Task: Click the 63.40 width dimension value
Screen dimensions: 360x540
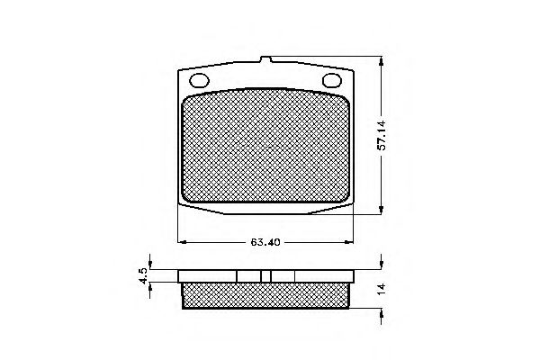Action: pos(265,241)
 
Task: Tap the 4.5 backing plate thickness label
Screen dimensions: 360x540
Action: pos(143,276)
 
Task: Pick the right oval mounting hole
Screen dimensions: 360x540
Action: pos(332,81)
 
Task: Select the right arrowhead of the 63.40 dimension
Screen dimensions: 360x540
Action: pos(352,241)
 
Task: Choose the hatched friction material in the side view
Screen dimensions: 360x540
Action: pos(266,293)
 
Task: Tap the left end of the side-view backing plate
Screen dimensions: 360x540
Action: pos(179,276)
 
